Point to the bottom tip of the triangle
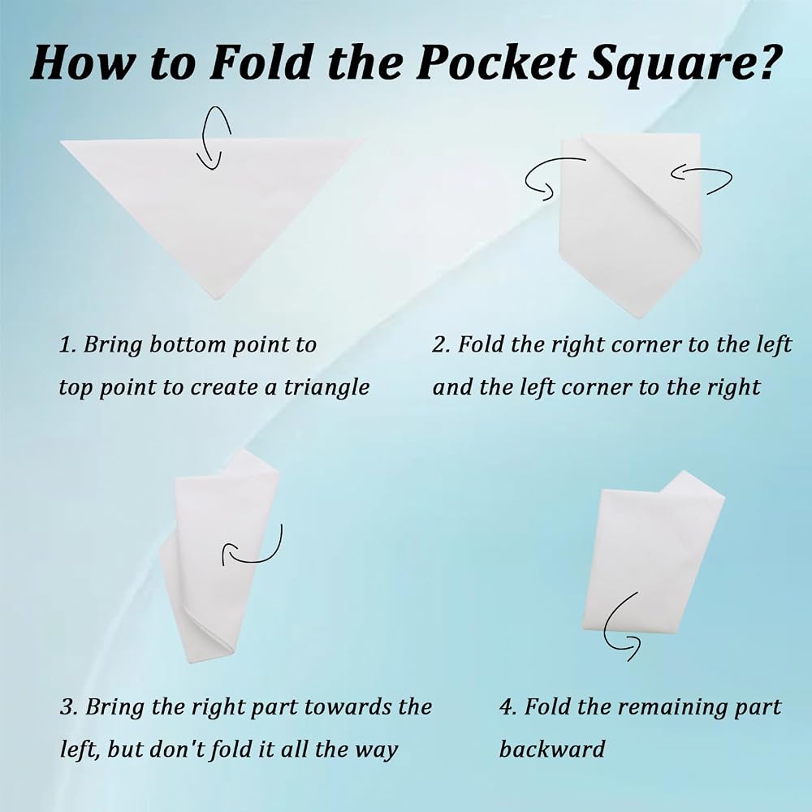tap(217, 300)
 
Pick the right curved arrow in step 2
tap(702, 179)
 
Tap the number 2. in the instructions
tap(441, 344)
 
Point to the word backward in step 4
tap(552, 749)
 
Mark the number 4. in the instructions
tap(508, 707)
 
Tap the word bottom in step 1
tap(188, 344)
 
